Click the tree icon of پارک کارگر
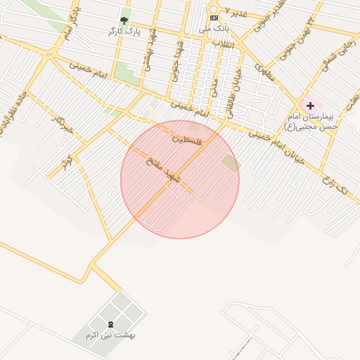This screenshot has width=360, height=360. (124, 20)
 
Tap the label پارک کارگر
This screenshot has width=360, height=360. (124, 32)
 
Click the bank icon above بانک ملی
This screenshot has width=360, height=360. (214, 18)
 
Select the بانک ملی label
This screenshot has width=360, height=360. (214, 29)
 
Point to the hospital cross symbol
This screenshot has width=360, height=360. (310, 105)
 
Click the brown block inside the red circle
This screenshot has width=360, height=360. (230, 165)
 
